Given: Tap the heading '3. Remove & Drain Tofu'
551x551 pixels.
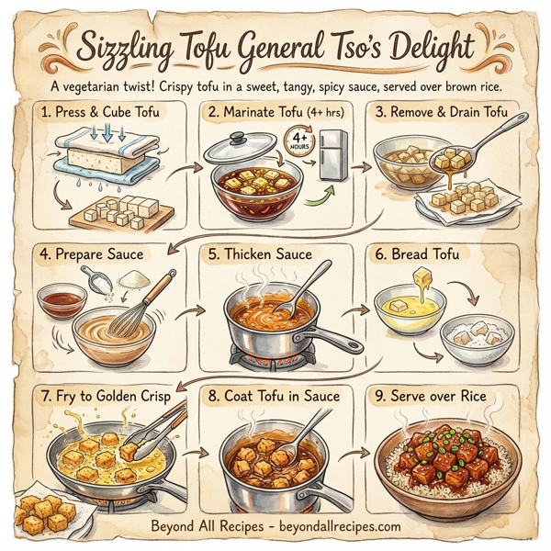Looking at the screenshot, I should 451,114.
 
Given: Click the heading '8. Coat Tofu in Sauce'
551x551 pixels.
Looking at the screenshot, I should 274,397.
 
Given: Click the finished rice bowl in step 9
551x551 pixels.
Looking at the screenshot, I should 450,464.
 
